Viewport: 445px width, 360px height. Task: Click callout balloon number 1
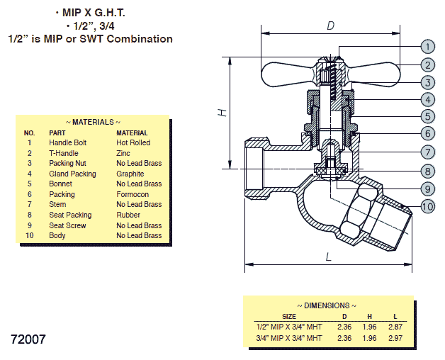click(x=427, y=47)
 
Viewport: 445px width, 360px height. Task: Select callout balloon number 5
click(x=427, y=116)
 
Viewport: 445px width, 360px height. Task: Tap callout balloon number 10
click(x=427, y=207)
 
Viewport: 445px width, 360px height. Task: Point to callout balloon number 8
click(x=427, y=171)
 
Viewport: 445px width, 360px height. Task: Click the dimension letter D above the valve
click(x=330, y=26)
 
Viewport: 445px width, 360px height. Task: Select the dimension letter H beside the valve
click(x=222, y=113)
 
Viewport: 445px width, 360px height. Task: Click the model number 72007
click(x=29, y=339)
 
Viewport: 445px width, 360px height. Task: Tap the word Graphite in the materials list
click(x=130, y=174)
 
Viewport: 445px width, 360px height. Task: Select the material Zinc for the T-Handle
click(x=124, y=153)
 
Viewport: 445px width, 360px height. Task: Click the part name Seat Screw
click(x=67, y=225)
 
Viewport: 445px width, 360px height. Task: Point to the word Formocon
click(x=133, y=194)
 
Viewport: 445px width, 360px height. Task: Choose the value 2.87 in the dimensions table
click(x=395, y=327)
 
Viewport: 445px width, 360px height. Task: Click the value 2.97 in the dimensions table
click(x=395, y=338)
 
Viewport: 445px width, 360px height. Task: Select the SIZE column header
click(x=289, y=317)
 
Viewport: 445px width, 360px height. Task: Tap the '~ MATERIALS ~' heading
click(x=93, y=122)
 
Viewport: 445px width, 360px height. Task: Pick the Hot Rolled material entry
click(x=133, y=142)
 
